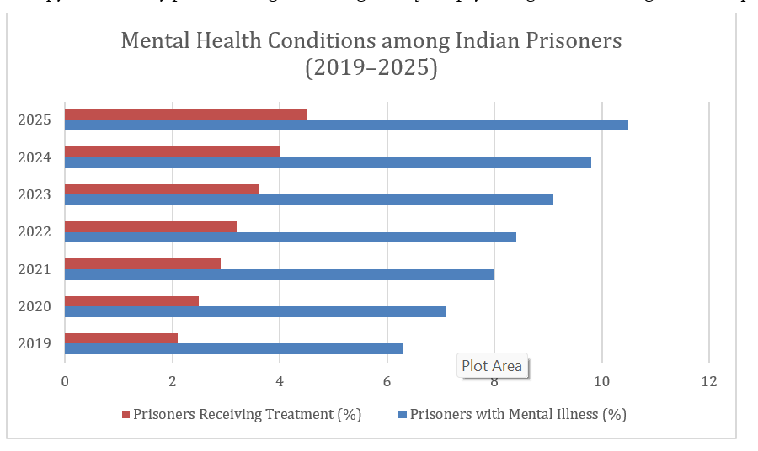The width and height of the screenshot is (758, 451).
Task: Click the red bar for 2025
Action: [x=185, y=114]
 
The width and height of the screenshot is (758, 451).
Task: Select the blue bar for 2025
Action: [x=345, y=125]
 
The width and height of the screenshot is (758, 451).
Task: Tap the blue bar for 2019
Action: [x=233, y=348]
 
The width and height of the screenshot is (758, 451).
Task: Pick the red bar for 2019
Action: [x=120, y=338]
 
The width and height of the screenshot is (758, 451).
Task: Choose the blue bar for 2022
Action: [x=290, y=237]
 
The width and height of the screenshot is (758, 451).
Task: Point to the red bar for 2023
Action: [x=161, y=189]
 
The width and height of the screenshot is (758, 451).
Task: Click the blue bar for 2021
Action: [x=279, y=274]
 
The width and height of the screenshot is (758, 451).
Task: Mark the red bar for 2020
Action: [x=131, y=301]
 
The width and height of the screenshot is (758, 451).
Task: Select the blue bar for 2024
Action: [x=328, y=162]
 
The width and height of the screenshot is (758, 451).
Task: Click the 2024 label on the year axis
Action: [x=35, y=157]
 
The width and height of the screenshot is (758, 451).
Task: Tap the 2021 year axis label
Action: [x=35, y=269]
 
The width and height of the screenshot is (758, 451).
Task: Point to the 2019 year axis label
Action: [x=35, y=343]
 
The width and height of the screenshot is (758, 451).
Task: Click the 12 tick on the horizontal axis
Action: [x=708, y=381]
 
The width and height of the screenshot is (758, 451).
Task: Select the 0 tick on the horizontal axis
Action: [x=65, y=381]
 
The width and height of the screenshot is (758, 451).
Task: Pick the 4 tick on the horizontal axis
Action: [x=280, y=381]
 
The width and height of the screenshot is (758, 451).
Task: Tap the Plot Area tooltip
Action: [x=492, y=366]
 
